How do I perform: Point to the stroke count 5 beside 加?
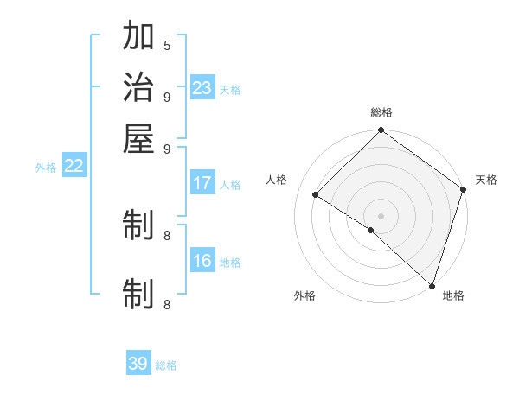pos(167,46)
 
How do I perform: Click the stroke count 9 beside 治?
pos(167,97)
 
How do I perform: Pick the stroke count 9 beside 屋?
pos(167,148)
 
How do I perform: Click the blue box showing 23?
pos(202,88)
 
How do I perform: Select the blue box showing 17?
pos(202,183)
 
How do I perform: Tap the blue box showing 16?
pos(202,262)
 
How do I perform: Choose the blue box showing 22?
pos(74,167)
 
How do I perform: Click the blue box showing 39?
pos(138,364)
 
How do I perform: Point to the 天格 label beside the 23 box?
pos(230,90)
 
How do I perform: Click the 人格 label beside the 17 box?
pos(230,185)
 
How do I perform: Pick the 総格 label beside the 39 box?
pos(166,365)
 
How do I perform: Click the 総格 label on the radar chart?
pos(381,112)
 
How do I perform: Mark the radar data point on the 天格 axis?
pos(463,189)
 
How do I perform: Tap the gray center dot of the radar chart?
pos(381,215)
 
